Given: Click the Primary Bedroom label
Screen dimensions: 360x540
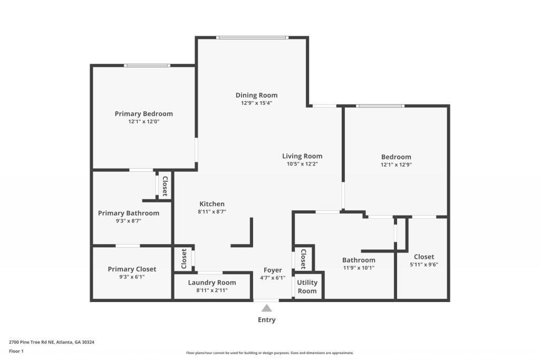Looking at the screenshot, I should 143,114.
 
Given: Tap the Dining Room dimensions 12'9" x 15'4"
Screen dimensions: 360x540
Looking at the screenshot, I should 256,103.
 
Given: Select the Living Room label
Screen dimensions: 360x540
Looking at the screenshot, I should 302,156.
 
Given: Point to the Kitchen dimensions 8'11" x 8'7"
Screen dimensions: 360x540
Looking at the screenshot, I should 212,212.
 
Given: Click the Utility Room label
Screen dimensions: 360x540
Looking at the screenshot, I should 307,287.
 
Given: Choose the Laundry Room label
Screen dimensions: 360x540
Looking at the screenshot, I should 212,283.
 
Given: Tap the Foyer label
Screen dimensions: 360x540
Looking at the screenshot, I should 273,270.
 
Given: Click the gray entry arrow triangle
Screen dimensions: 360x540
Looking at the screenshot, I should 267,308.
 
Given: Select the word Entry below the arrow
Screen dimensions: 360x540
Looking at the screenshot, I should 266,320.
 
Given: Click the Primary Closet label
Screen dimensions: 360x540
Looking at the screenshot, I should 132,269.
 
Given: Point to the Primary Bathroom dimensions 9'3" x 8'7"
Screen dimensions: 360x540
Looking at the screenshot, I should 128,221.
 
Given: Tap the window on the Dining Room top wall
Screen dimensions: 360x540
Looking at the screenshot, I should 253,37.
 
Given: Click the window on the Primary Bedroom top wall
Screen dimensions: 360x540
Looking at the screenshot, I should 147,65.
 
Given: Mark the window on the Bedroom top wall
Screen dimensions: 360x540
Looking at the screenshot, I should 380,106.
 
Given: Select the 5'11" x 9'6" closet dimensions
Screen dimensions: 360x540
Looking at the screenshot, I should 423,265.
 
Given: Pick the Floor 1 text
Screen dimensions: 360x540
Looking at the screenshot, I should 17,351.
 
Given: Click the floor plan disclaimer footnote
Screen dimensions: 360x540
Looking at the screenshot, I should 269,353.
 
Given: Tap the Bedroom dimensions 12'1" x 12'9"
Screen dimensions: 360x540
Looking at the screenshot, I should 396,164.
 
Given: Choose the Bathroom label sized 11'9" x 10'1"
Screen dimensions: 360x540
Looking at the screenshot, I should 359,260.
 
